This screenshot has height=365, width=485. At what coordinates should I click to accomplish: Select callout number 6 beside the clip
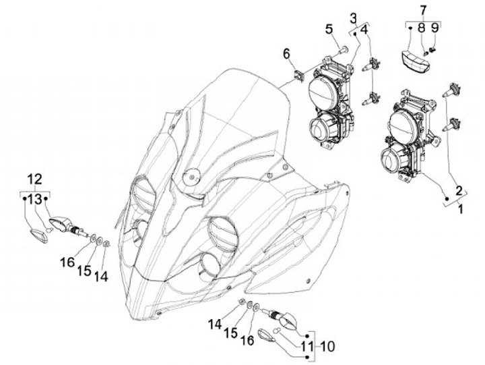[286, 53]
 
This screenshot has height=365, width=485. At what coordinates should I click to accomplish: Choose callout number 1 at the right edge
[461, 211]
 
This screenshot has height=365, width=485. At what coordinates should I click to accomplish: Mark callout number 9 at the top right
[434, 28]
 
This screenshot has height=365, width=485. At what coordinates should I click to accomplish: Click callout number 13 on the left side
[35, 198]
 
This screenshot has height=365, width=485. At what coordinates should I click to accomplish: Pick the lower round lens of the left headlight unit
[323, 125]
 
